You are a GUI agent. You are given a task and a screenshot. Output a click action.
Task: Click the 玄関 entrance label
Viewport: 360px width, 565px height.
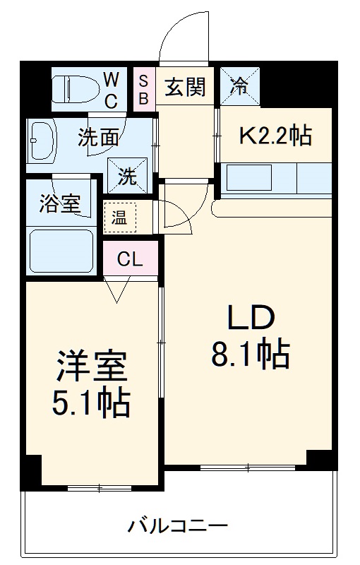tap(185, 87)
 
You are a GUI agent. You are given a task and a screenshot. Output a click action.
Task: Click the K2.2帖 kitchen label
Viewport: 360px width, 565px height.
tap(275, 135)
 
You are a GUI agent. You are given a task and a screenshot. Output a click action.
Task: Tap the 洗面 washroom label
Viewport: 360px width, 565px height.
tap(97, 138)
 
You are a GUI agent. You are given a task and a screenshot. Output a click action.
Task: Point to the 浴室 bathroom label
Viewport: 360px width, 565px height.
tap(59, 203)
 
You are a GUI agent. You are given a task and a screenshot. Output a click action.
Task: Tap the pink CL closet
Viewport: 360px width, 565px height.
tap(130, 258)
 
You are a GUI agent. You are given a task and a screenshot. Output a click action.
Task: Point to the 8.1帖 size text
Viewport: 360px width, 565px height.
tap(250, 355)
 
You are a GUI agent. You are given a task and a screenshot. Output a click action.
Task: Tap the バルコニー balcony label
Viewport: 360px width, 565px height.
tap(177, 526)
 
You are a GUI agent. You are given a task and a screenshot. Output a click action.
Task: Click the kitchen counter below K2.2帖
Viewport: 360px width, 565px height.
tap(275, 179)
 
